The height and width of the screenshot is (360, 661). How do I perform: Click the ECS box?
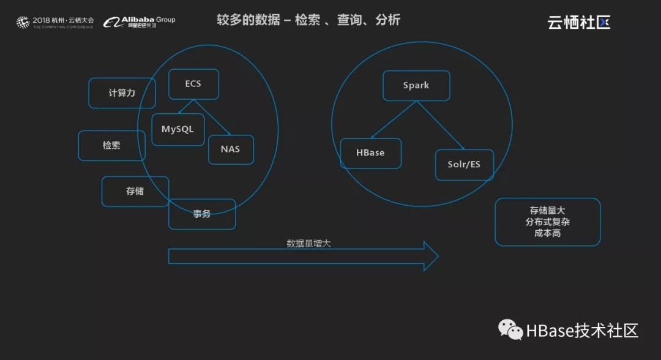coord(193,84)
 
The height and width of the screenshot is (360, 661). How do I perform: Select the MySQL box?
coord(177,129)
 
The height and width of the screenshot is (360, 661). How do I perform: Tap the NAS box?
coord(231,149)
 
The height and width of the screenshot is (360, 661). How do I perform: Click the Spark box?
coord(416,86)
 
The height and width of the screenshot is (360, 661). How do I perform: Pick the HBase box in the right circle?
coord(370,152)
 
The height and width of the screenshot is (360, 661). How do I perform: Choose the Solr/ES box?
coord(464,165)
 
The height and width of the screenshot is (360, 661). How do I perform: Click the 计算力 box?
coord(122,93)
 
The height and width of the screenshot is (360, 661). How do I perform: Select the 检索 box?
coord(111,146)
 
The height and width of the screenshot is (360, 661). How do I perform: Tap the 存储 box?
coord(135,191)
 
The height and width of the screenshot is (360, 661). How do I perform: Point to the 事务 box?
coord(202,214)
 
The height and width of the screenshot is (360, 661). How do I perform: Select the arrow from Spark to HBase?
coord(393,120)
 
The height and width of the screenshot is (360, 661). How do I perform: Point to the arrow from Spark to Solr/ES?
coord(441,126)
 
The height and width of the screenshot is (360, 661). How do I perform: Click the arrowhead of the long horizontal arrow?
coord(431,256)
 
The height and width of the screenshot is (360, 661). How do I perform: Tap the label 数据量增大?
coord(309,243)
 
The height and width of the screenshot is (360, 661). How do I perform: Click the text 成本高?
coord(547,233)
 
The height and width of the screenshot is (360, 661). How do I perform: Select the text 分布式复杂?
coord(547,222)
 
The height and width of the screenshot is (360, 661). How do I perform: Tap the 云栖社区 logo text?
coord(578,23)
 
